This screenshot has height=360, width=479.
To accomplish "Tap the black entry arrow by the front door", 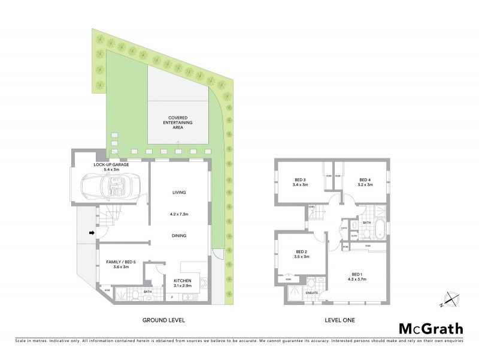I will pyautogui.click(x=92, y=233).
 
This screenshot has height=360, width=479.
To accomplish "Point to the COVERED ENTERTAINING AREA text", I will pyautogui.click(x=178, y=122).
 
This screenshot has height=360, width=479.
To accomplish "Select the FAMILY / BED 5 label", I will pyautogui.click(x=120, y=262).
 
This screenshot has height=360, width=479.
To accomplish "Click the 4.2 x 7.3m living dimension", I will pyautogui.click(x=179, y=213).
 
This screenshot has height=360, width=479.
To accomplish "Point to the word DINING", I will pyautogui.click(x=179, y=236).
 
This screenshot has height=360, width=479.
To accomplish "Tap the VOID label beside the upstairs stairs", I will pyautogui.click(x=311, y=207).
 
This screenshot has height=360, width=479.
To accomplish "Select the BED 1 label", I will pyautogui.click(x=357, y=272).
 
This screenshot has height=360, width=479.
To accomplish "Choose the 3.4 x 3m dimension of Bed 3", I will pyautogui.click(x=300, y=185).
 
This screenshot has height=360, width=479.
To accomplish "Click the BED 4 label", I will pyautogui.click(x=365, y=179).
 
